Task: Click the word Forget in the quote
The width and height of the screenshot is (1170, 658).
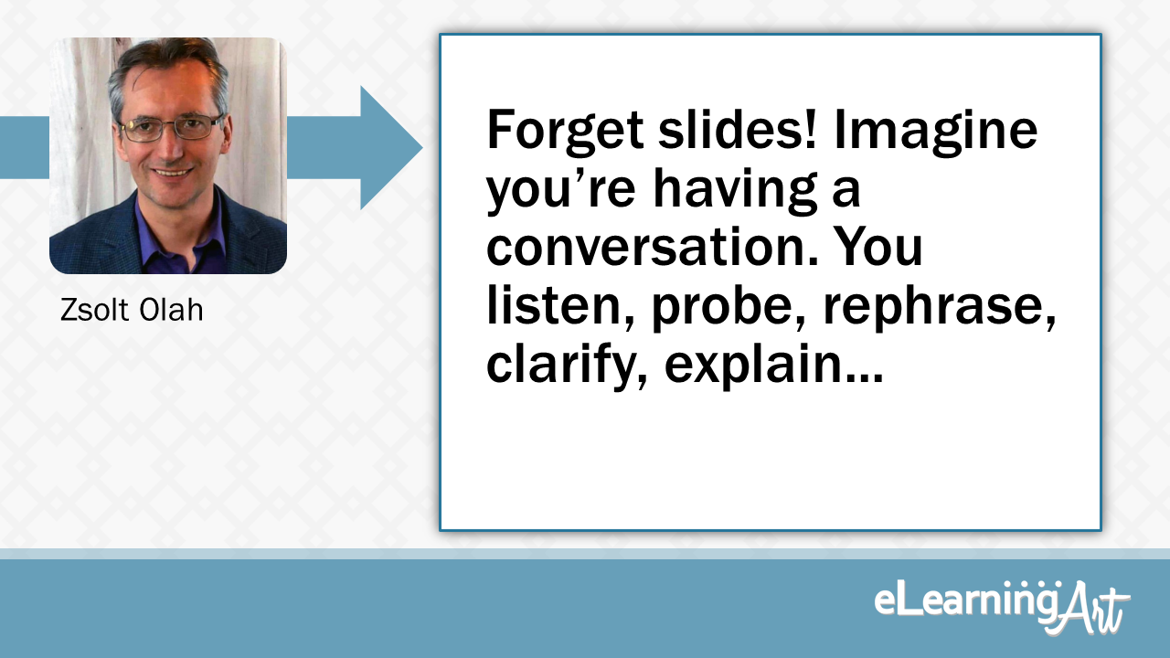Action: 565,131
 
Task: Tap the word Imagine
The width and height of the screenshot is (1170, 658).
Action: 935,131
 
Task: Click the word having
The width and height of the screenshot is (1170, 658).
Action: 736,189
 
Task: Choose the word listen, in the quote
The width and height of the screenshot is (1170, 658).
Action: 561,306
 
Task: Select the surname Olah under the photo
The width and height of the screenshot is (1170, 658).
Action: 171,309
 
